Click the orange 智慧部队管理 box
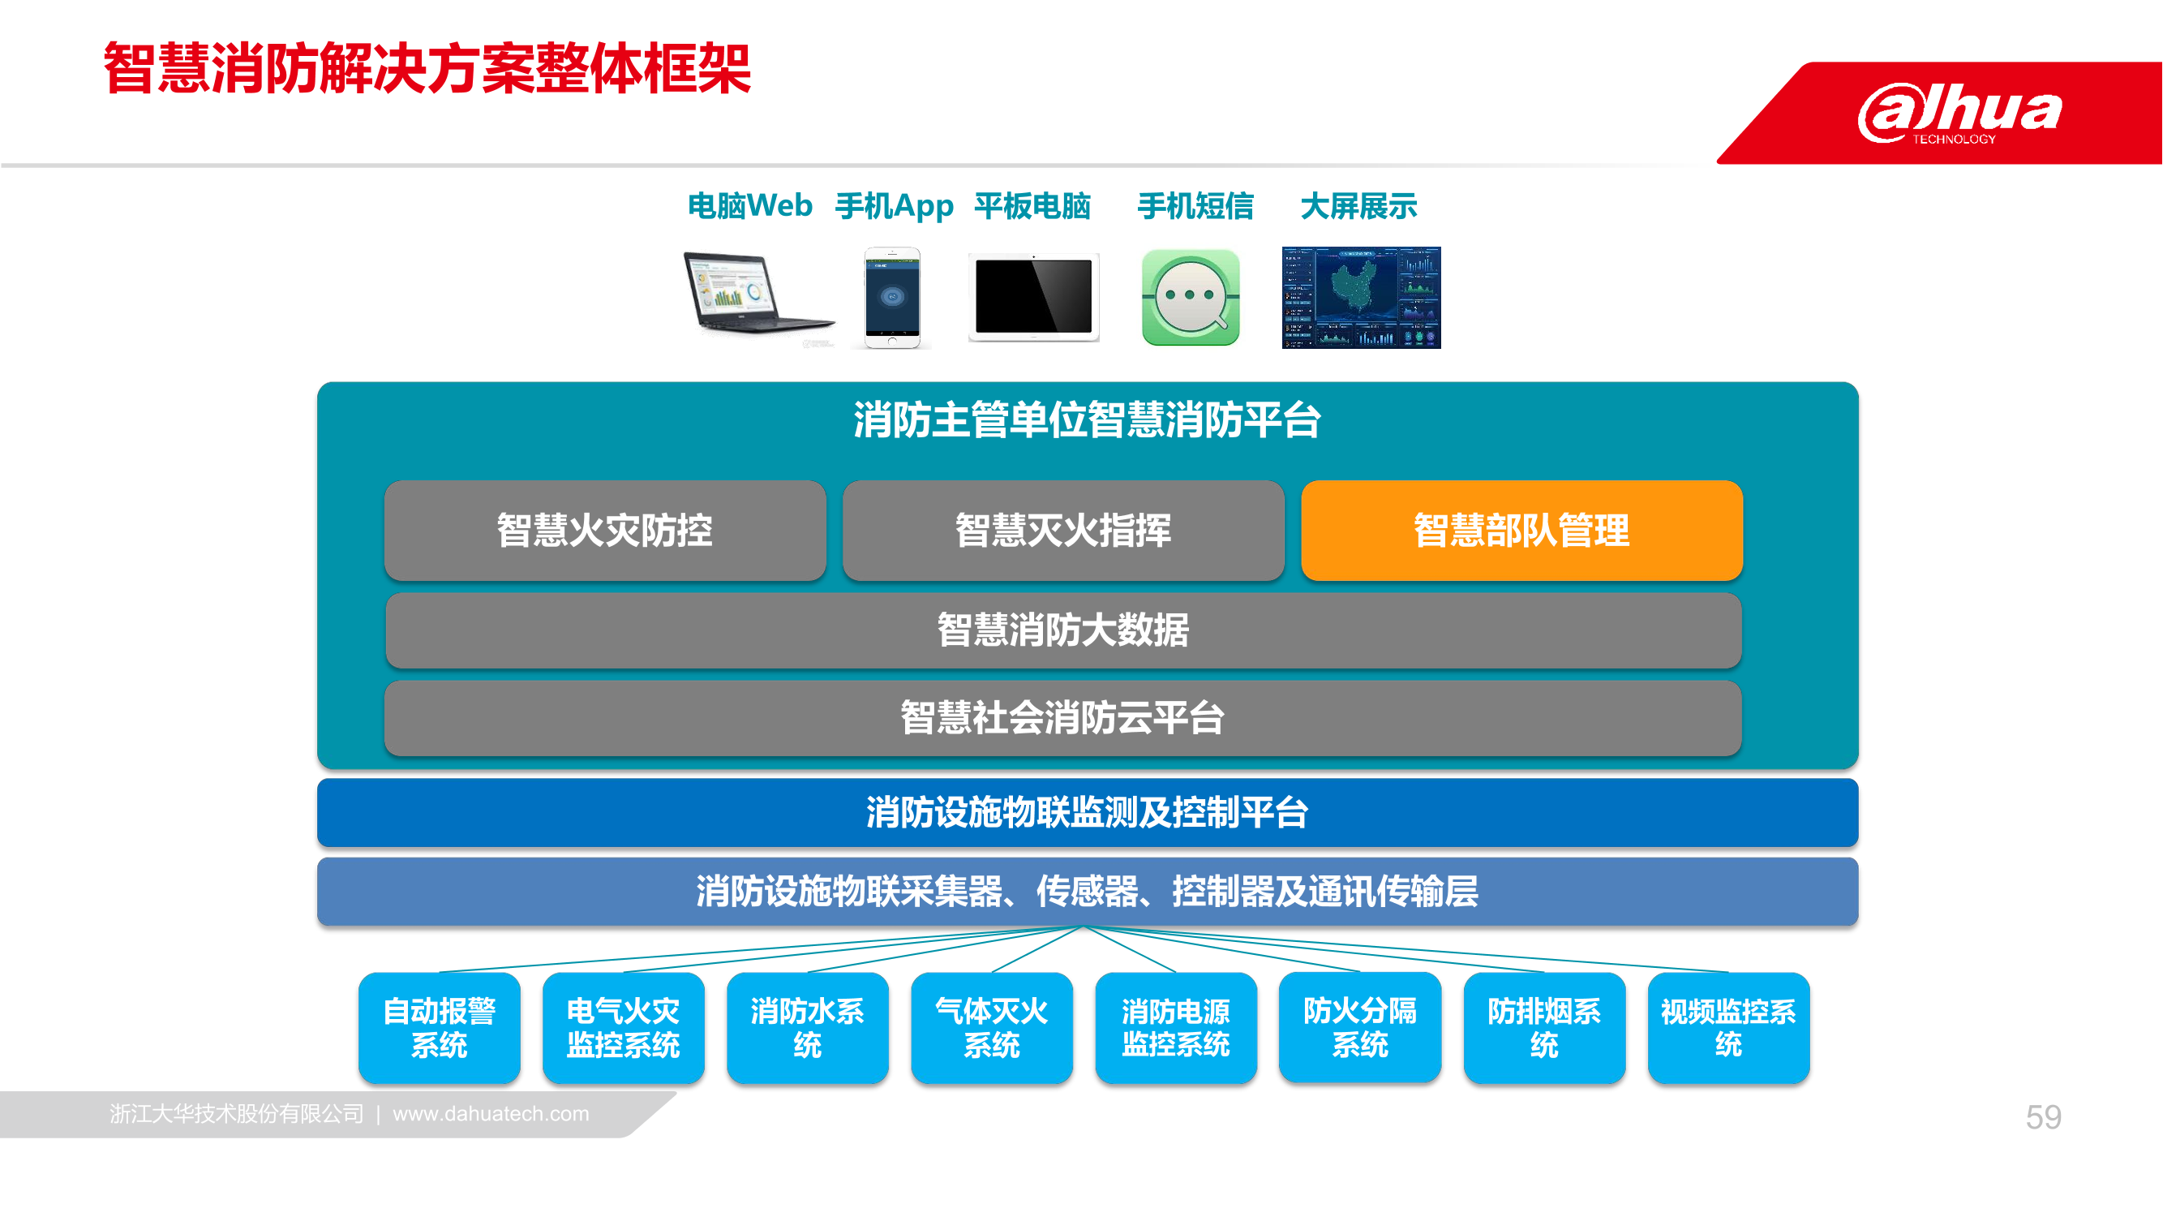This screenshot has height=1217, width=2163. pos(1521,530)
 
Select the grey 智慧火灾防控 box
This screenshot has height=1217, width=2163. pos(604,530)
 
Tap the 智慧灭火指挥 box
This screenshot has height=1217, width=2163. pos(1063,530)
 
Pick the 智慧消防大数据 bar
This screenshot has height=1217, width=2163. pos(1063,630)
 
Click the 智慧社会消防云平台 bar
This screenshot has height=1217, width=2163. pos(1063,718)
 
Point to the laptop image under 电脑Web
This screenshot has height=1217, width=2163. pos(758,295)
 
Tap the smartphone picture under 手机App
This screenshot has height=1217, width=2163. pos(893,297)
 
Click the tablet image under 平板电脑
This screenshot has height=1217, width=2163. pos(1033,297)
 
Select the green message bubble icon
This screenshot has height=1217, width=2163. pos(1191,296)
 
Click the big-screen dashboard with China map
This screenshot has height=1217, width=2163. pos(1361,297)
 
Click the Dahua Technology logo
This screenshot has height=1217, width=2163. pos(1959,113)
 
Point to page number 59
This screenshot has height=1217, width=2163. pos(2043,1117)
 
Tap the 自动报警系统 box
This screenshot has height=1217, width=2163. pos(439,1028)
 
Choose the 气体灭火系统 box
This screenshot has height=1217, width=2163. pos(992,1028)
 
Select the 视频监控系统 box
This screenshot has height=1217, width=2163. pos(1729,1028)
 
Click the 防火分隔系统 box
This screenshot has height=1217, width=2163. pos(1360,1028)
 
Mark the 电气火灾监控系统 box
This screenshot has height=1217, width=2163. pos(623,1028)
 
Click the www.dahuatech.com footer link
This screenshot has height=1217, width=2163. pos(491,1114)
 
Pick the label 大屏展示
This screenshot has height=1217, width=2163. pos(1358,206)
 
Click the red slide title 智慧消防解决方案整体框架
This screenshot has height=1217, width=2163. pos(427,68)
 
